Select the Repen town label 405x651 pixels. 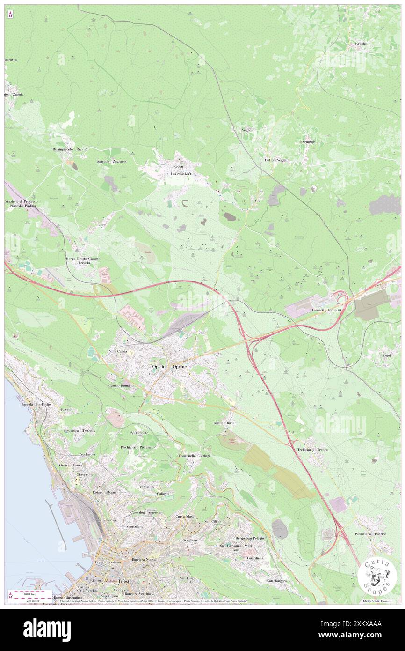[178, 166]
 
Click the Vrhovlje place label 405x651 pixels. [308, 141]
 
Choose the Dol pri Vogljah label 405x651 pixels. [276, 160]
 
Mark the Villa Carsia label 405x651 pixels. [118, 351]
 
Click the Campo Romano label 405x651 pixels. [121, 385]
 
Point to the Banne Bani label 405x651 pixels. [224, 423]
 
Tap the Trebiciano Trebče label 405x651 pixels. [312, 450]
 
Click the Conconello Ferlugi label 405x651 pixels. [194, 456]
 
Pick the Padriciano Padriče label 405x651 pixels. [370, 534]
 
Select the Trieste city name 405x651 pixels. [125, 581]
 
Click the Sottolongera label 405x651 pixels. [276, 581]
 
